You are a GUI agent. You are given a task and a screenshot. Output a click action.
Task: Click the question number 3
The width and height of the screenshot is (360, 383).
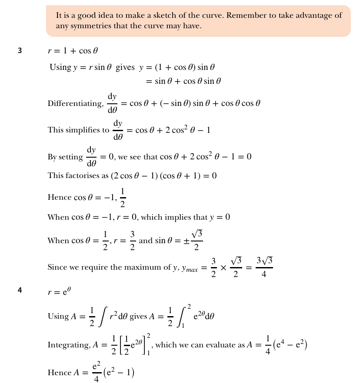(20, 51)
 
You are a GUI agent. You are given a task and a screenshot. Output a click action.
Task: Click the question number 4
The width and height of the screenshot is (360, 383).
(20, 291)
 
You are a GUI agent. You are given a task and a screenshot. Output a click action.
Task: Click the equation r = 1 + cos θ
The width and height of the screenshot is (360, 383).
(70, 51)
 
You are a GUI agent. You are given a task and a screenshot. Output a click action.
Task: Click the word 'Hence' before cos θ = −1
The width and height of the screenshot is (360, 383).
(59, 198)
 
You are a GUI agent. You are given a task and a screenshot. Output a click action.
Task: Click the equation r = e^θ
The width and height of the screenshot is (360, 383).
(59, 291)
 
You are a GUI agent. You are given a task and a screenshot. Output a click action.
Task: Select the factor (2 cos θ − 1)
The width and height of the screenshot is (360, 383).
(133, 176)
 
